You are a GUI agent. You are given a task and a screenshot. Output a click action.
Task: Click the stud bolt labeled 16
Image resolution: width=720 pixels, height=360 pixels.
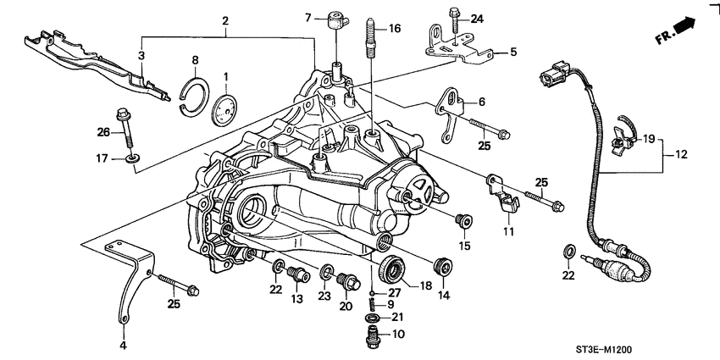[370, 42]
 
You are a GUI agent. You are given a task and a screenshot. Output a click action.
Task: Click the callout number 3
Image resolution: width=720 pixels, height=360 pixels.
[141, 55]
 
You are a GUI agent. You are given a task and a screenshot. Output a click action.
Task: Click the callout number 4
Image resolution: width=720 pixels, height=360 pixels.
[123, 346]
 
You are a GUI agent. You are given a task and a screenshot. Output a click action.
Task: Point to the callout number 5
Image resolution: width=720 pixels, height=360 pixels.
[512, 53]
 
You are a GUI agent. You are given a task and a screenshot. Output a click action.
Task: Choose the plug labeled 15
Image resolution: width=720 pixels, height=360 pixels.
[462, 222]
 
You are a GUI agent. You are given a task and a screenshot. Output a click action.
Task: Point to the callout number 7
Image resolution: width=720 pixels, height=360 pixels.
[309, 17]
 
